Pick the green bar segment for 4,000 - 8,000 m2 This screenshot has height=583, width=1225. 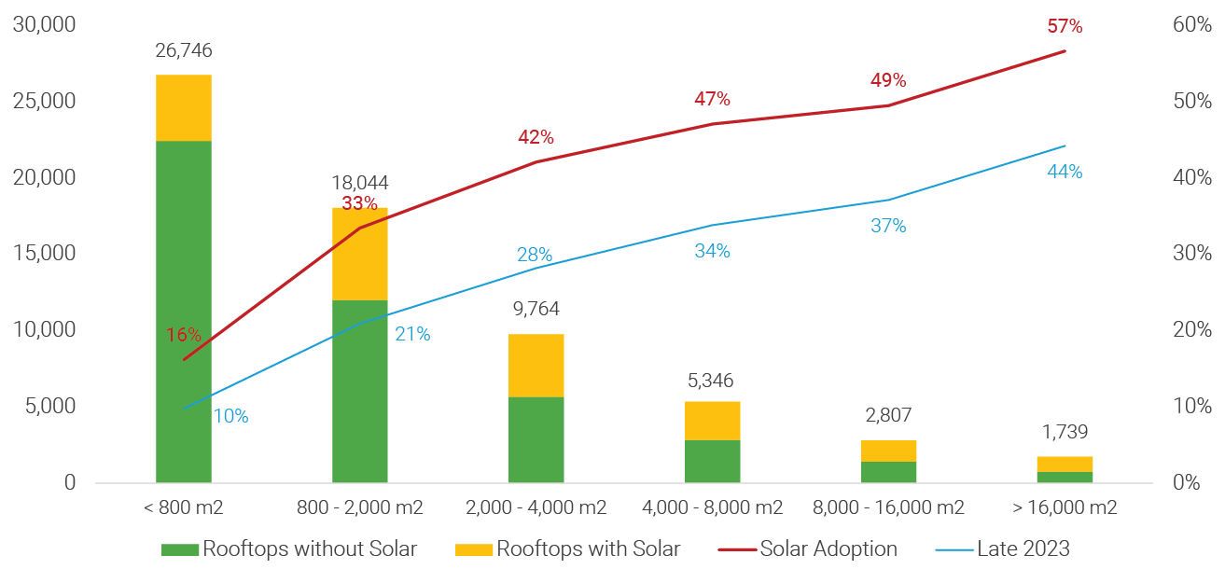[x=713, y=461]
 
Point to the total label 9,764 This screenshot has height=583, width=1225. [x=536, y=309]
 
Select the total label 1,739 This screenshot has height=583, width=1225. [x=1065, y=433]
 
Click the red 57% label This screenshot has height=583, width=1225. [x=1065, y=27]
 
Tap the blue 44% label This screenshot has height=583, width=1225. [x=1065, y=172]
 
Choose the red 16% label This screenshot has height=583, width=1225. [x=184, y=335]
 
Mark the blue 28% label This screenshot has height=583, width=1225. [x=535, y=255]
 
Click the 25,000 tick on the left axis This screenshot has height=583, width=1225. [x=43, y=101]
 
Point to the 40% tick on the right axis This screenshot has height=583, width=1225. [x=1192, y=177]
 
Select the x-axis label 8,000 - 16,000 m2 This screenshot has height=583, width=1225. [x=889, y=508]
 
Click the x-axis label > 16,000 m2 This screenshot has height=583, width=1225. [x=1065, y=508]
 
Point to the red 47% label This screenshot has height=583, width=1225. [x=712, y=100]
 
